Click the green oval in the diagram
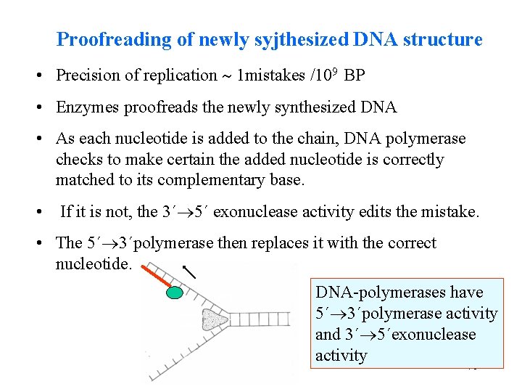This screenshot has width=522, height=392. (x=174, y=292)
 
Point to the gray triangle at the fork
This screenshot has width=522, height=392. (x=212, y=319)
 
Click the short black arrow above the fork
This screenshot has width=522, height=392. (x=189, y=271)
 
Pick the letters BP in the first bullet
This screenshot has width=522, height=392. (x=355, y=75)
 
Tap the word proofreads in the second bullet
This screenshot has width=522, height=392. (x=159, y=107)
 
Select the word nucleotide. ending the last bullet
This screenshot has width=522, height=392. (x=94, y=263)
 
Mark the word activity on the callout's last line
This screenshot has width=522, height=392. (x=341, y=355)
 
